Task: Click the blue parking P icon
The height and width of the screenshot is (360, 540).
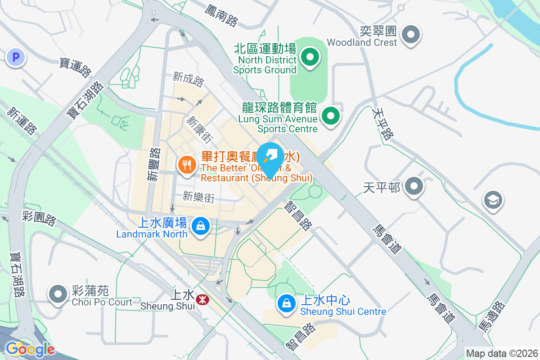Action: click(16, 57)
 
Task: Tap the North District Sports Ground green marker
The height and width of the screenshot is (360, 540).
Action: click(310, 57)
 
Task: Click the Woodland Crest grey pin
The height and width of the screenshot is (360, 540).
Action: click(410, 35)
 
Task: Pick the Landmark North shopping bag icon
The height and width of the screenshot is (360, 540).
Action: click(200, 226)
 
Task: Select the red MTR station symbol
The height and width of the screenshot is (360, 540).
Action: click(202, 298)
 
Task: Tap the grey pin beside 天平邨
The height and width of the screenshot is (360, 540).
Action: click(412, 186)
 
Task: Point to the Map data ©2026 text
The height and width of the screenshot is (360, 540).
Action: click(501, 353)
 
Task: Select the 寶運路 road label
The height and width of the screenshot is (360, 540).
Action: click(75, 67)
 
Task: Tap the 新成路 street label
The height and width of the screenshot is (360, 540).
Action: click(188, 79)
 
